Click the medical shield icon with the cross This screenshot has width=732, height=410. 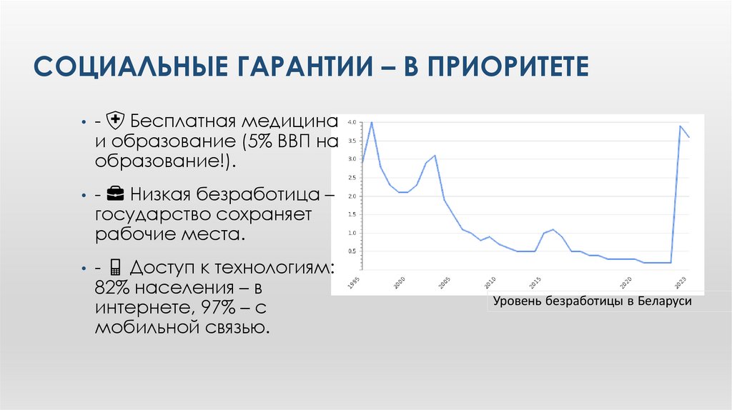(114, 119)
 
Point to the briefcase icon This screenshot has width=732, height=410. (114, 193)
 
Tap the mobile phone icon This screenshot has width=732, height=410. (114, 267)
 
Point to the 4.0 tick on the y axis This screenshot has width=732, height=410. (351, 122)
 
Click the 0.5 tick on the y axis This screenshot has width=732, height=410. (351, 251)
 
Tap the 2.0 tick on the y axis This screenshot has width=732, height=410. (351, 196)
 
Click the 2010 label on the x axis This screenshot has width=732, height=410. (490, 280)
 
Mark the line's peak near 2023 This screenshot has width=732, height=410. (680, 126)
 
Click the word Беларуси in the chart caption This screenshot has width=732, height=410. (667, 302)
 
